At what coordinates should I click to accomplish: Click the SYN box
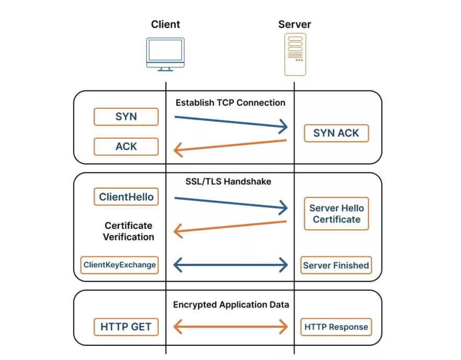pos(126,117)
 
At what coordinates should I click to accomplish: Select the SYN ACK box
pos(336,133)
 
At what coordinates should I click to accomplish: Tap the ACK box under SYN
pos(126,147)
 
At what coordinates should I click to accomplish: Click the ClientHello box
pos(126,197)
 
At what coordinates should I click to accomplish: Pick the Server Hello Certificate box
pos(336,214)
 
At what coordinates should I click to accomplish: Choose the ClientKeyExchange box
pos(120,265)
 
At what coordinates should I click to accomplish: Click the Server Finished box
pos(336,265)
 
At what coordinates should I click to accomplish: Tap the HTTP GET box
pos(126,327)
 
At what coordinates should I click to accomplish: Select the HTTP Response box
pos(336,327)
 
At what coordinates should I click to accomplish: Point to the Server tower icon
pos(295,54)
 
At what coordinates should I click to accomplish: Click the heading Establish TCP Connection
pos(230,103)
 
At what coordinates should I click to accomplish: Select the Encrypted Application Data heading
pos(230,305)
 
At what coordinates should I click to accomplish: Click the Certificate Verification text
pos(129,231)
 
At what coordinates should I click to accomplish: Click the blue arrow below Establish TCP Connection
pos(230,122)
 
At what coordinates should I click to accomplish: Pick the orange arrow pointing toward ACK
pos(230,147)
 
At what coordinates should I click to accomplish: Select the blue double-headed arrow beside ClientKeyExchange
pos(230,265)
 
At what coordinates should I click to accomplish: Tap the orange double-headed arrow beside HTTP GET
pos(230,328)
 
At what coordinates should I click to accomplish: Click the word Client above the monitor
pos(165,25)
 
